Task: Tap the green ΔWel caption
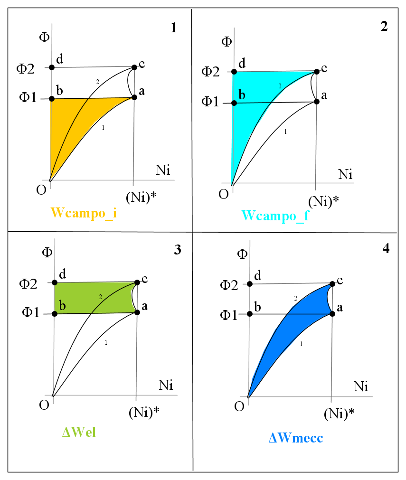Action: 79,432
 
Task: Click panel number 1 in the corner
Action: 173,28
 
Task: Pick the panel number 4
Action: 386,248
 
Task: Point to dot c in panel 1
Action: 134,67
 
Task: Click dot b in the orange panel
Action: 52,99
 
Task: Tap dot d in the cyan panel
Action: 234,72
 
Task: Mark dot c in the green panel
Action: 137,282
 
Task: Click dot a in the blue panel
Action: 332,314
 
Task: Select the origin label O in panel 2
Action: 224,194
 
